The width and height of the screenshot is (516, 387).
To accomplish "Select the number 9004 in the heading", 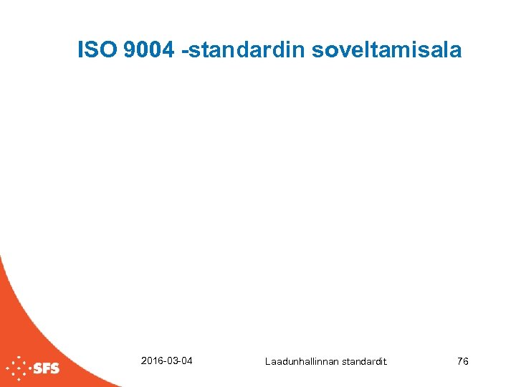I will (x=148, y=50).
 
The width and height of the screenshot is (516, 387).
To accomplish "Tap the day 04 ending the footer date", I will (x=186, y=360).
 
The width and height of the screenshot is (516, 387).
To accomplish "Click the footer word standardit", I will (x=363, y=362).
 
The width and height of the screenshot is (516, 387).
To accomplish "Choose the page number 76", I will (x=462, y=361).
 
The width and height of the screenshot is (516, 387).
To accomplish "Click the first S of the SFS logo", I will (x=37, y=369).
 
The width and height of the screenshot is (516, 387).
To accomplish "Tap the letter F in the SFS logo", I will (x=46, y=369).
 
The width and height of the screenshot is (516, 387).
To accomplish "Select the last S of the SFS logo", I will (x=54, y=369).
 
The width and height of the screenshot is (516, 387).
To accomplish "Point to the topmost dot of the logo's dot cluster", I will (x=18, y=357).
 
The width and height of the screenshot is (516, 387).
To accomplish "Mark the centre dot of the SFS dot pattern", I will (x=18, y=369).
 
